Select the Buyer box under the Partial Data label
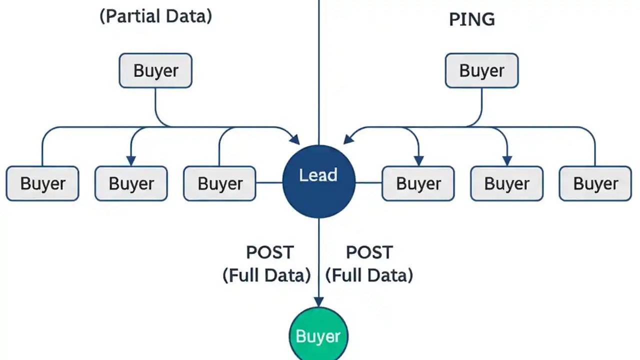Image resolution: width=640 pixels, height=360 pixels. [155, 70]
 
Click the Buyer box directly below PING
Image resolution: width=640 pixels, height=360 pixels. [481, 70]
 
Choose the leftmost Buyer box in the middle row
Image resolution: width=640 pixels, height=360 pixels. [42, 183]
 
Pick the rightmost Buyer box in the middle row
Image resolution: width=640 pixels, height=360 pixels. [595, 183]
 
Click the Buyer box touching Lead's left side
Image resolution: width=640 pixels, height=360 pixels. [219, 183]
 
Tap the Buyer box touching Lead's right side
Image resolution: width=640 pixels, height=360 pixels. [418, 183]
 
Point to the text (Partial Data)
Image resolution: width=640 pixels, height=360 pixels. [155, 16]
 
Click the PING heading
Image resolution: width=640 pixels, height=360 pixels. [472, 19]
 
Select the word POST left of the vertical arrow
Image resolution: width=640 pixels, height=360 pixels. [270, 252]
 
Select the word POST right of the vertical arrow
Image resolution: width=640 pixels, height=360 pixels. [369, 252]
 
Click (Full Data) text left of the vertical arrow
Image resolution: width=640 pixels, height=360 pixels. [266, 275]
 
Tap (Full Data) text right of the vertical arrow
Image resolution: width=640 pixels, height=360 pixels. [369, 275]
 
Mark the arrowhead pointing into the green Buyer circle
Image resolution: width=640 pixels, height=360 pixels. [318, 301]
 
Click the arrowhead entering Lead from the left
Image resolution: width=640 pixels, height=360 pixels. [295, 139]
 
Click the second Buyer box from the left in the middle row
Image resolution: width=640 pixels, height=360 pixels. [131, 183]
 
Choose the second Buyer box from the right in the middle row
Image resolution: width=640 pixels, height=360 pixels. [506, 183]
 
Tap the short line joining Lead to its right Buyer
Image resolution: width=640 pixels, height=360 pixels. [368, 182]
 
